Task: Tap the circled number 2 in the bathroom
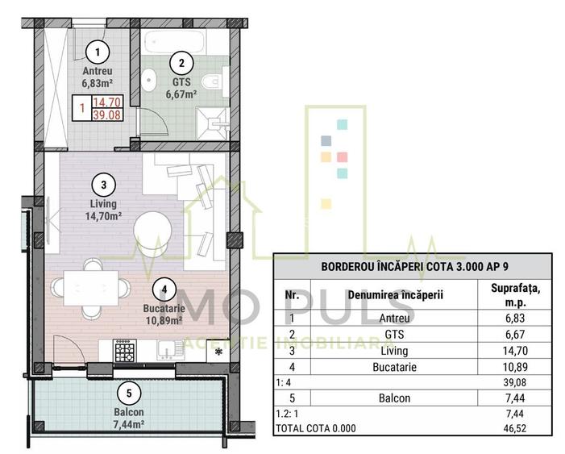point(182,62)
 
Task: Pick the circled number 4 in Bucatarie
point(164,289)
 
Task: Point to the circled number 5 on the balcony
point(125,394)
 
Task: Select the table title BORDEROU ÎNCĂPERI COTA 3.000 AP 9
point(413,265)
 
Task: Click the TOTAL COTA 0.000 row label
point(316,429)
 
